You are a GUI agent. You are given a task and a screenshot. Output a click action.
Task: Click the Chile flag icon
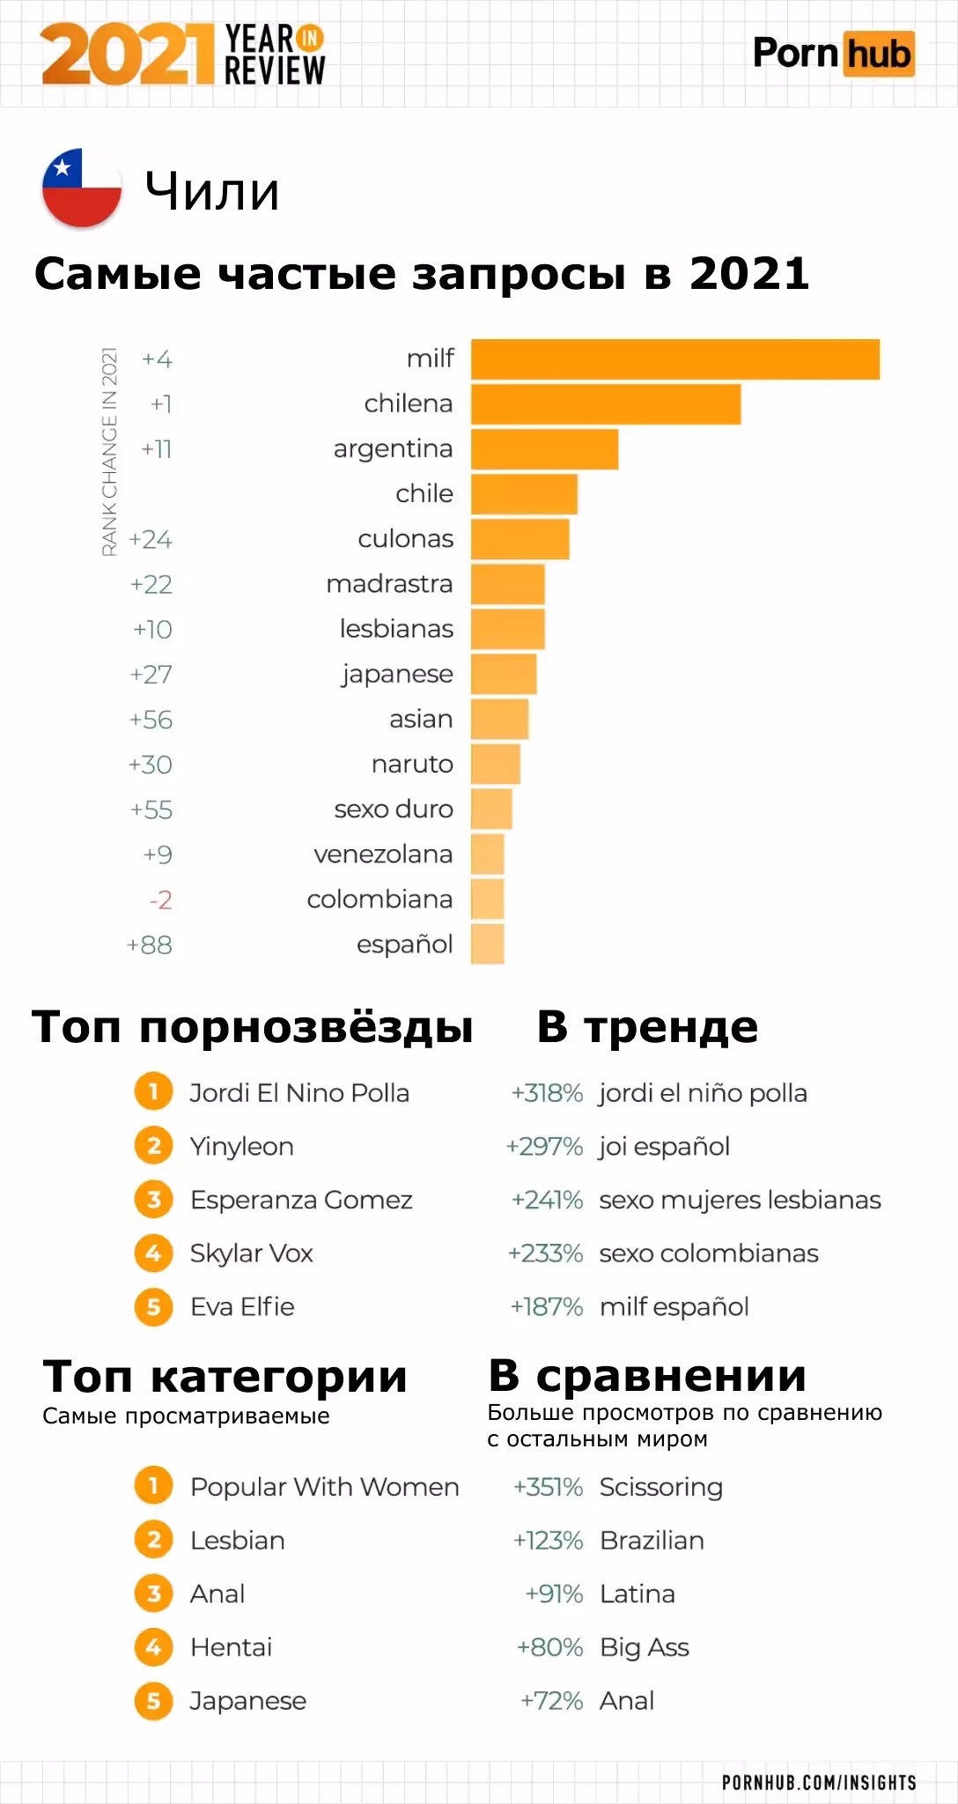(x=82, y=188)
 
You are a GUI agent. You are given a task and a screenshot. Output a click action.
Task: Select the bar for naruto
(x=496, y=764)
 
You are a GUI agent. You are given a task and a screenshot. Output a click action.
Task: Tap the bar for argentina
(x=544, y=449)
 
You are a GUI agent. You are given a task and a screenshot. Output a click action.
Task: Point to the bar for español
(x=488, y=944)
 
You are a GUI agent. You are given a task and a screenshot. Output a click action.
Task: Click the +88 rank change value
(x=150, y=945)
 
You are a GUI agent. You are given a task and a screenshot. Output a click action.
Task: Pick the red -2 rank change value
(x=160, y=900)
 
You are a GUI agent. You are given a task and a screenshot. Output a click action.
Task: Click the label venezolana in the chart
(x=383, y=854)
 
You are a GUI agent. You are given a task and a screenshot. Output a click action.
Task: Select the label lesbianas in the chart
(x=396, y=629)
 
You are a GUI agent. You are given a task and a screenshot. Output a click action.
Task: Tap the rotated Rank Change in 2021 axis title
(x=110, y=451)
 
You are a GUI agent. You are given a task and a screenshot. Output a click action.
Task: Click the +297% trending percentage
(x=544, y=1147)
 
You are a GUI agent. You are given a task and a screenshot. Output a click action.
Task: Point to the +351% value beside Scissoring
(x=548, y=1487)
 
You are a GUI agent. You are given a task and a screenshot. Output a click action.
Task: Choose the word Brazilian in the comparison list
(x=652, y=1541)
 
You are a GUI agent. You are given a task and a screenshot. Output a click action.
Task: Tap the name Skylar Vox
(x=251, y=1253)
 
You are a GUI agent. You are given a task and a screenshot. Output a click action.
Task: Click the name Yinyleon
(x=241, y=1147)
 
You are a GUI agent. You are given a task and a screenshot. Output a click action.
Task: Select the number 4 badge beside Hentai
(x=153, y=1647)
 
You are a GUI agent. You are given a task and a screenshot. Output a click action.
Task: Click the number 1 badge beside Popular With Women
(x=153, y=1487)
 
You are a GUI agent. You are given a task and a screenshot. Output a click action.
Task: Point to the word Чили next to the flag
(x=212, y=191)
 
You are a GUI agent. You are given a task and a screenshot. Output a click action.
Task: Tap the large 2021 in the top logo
(x=128, y=55)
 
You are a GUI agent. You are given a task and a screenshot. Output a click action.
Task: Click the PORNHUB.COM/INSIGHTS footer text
(x=819, y=1782)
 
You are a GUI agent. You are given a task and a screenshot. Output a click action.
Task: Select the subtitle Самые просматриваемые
(x=186, y=1416)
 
